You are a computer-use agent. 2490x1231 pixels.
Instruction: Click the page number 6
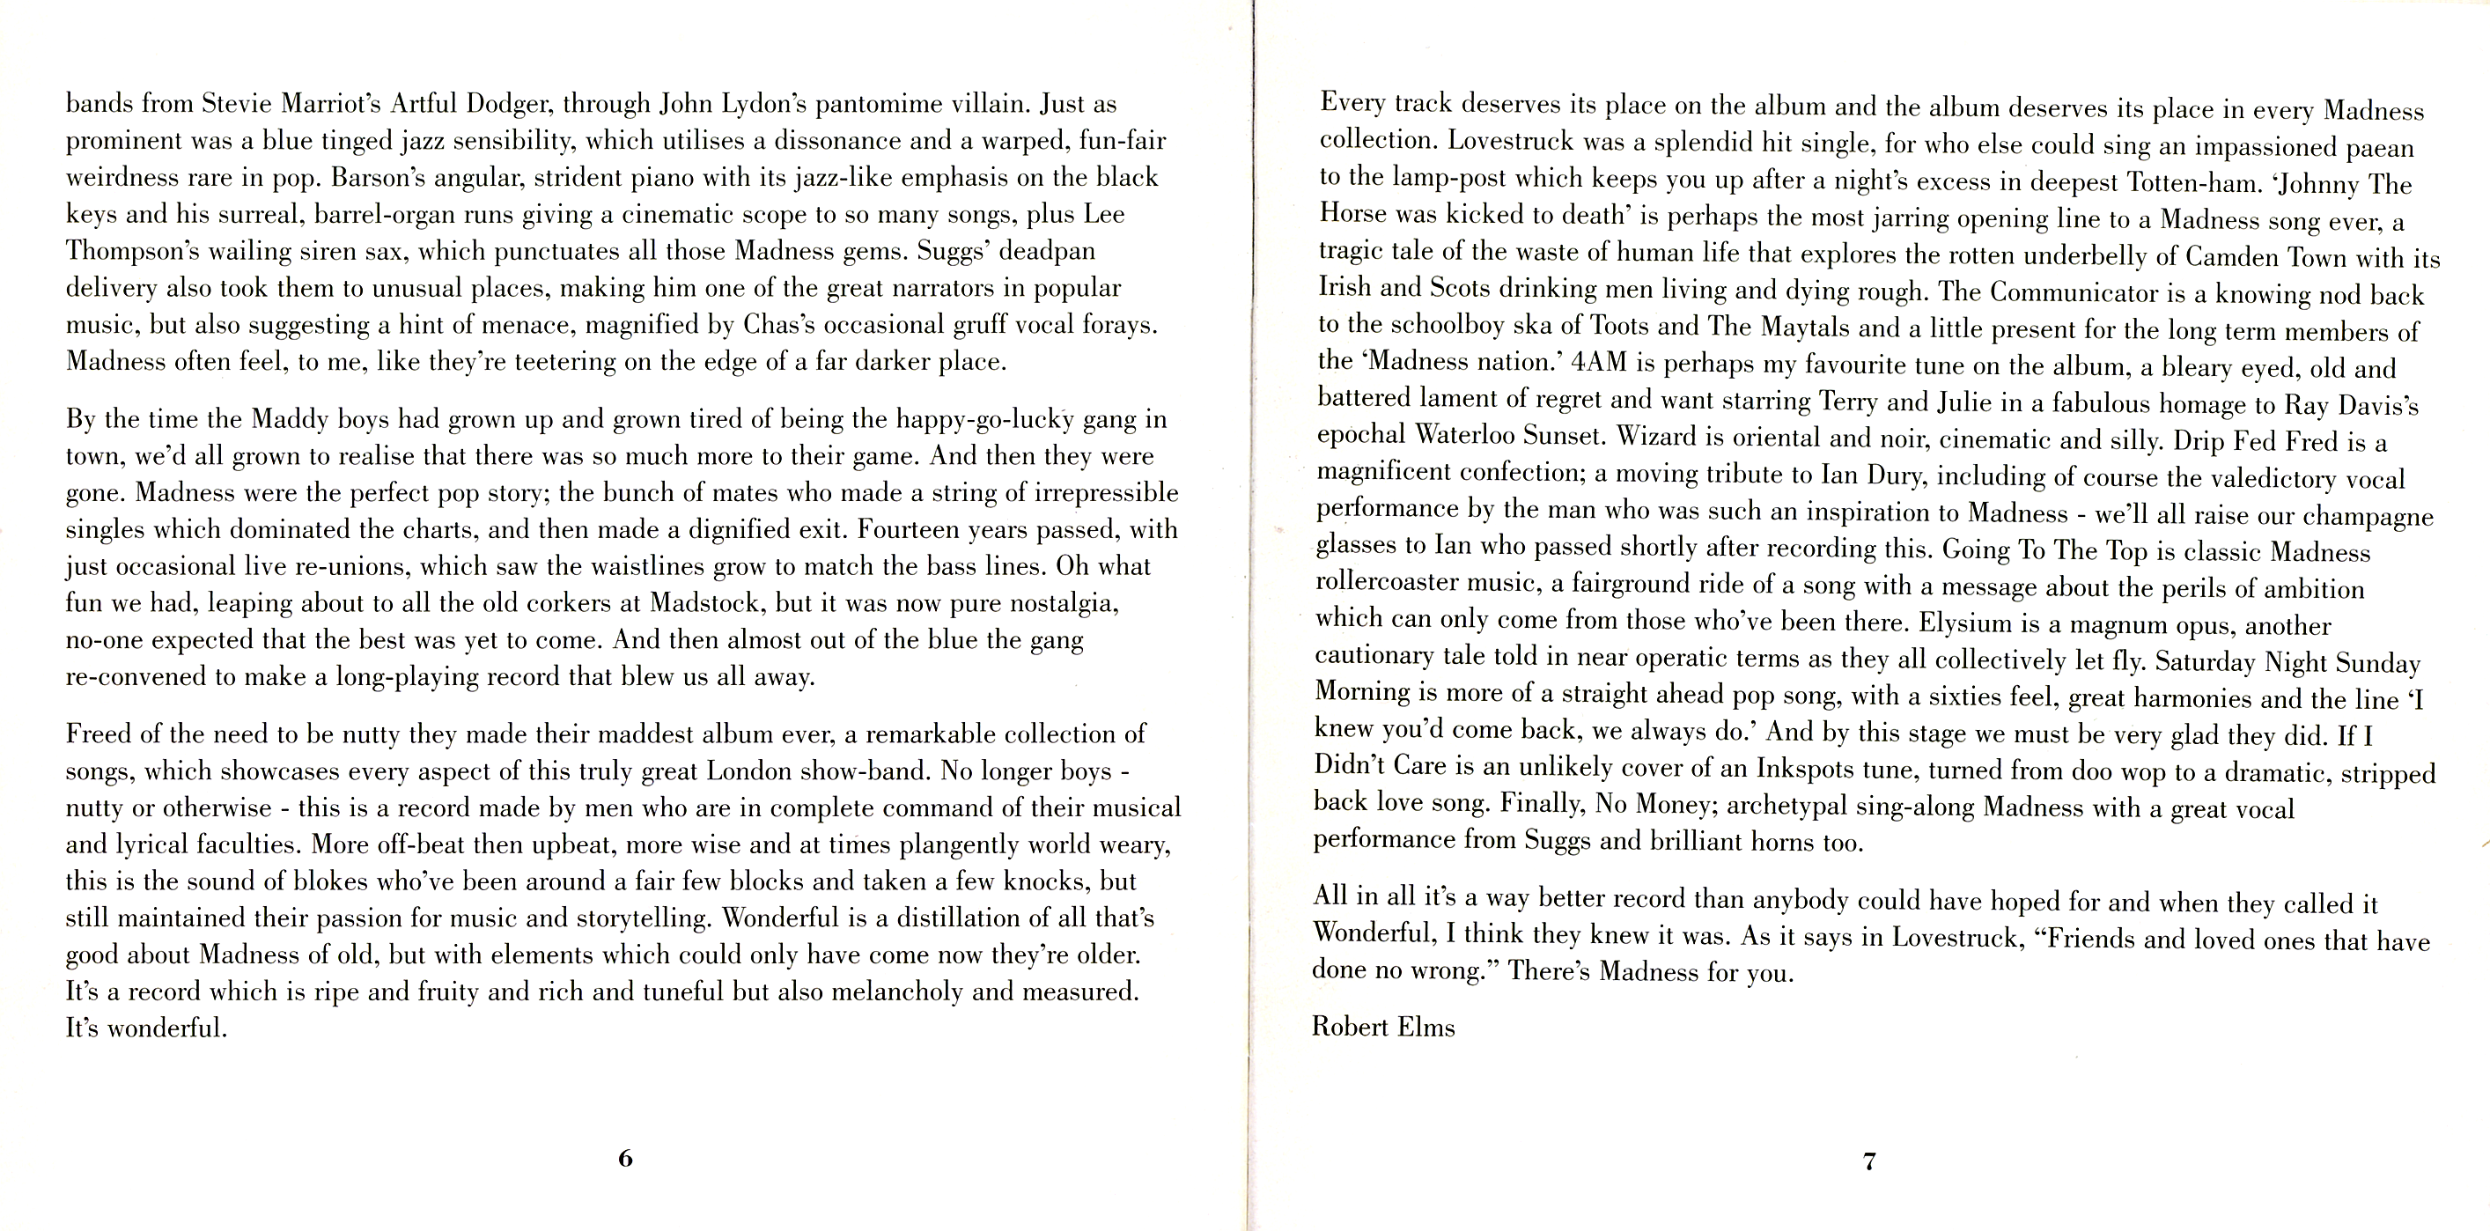[625, 1158]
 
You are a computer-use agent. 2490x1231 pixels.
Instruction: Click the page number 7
[1869, 1161]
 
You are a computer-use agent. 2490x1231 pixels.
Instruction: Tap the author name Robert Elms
[1382, 1026]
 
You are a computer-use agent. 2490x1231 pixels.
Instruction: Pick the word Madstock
[708, 602]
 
